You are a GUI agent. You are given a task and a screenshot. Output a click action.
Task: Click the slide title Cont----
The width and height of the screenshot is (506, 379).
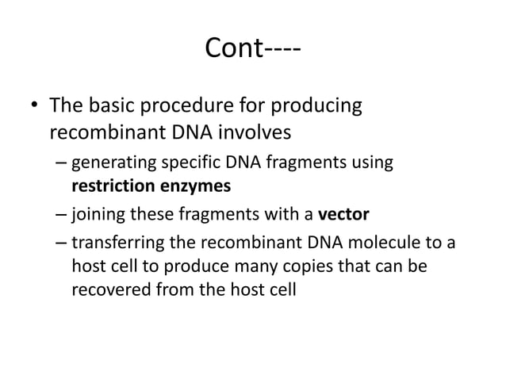pos(252,49)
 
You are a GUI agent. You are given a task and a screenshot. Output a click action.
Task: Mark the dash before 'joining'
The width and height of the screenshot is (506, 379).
pos(62,215)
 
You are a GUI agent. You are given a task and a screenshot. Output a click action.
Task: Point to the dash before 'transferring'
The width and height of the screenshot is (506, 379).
pos(62,243)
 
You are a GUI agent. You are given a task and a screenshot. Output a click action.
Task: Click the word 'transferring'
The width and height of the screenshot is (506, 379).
pos(117,243)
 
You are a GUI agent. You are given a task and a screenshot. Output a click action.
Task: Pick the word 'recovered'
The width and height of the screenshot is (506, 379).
pos(106,289)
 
